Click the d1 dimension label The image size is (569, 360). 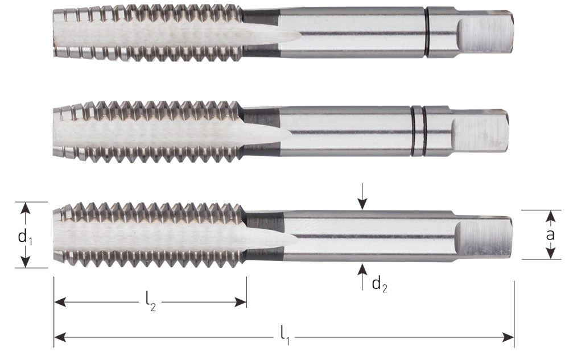[25, 238]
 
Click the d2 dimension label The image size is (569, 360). [380, 284]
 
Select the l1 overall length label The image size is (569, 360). [285, 336]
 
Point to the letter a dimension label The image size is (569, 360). [550, 234]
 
